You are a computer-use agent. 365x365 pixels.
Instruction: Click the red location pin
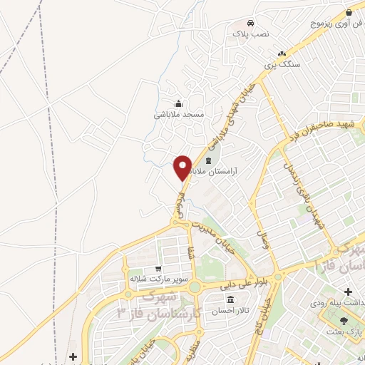(183, 167)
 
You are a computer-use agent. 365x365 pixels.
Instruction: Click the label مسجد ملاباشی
(179, 114)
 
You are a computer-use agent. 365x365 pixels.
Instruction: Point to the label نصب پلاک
(250, 34)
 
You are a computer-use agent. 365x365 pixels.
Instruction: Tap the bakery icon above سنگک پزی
(282, 53)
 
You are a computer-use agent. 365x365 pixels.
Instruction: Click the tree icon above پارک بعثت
(345, 322)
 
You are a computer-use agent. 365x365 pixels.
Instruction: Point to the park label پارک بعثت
(345, 332)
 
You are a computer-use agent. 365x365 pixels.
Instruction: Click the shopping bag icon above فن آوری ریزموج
(348, 12)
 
